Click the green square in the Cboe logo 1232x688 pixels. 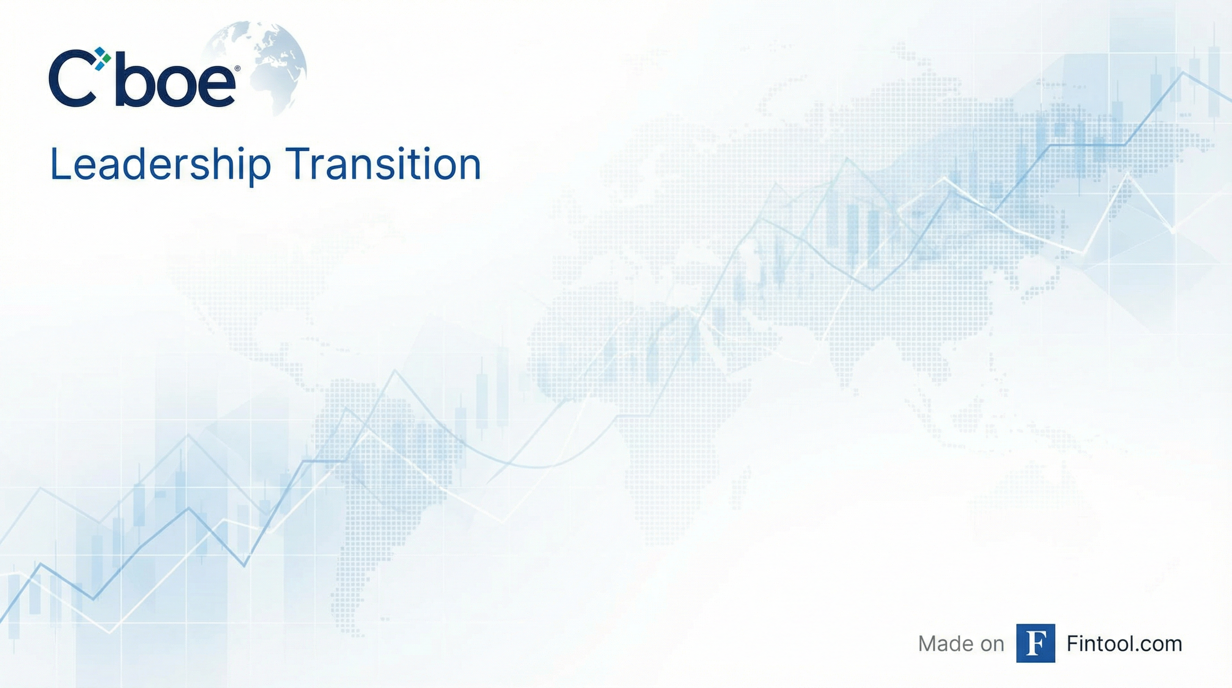point(106,57)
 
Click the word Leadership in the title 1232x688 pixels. point(160,165)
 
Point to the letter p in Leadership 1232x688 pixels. point(260,171)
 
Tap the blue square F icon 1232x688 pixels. point(1035,643)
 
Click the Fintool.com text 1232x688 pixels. point(1124,644)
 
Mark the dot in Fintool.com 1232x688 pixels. point(1134,651)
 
